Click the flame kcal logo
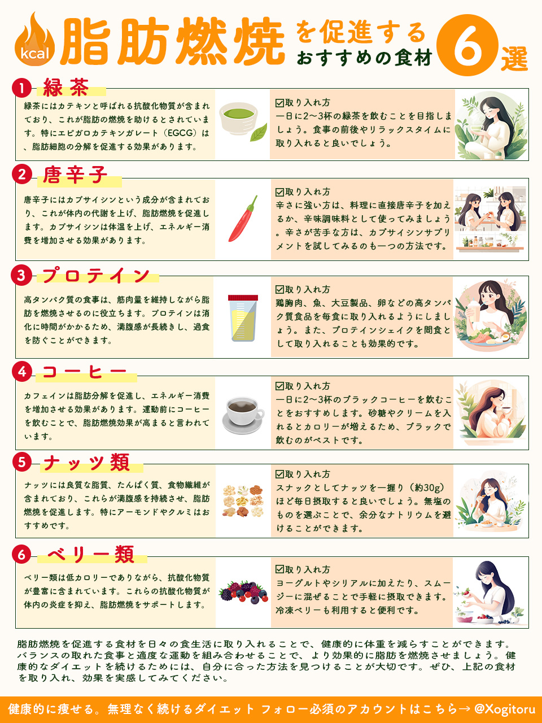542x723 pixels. point(35,41)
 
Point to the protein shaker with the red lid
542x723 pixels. point(243,317)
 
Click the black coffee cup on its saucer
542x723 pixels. point(243,413)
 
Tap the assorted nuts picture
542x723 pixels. point(243,501)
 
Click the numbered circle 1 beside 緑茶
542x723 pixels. point(21,88)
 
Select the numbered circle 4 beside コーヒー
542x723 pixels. point(21,372)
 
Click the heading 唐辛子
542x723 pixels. point(75,175)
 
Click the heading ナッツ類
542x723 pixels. point(87,463)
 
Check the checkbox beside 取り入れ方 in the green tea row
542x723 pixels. point(279,103)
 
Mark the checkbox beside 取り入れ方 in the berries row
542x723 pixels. point(279,569)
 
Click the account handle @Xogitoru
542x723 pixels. point(504,709)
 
